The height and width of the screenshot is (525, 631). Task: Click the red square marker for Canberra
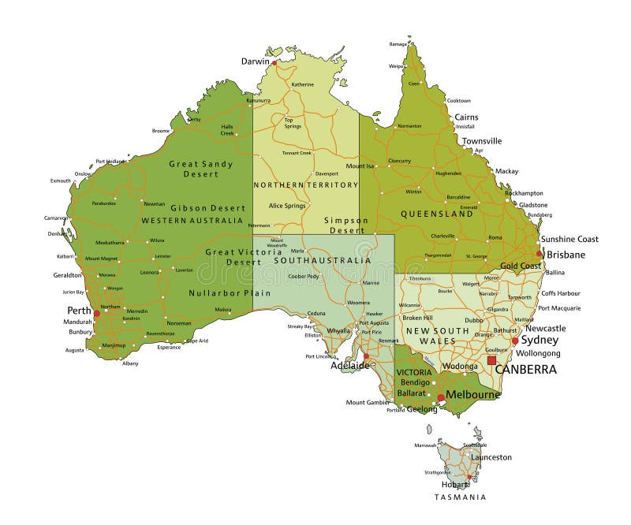(x=491, y=360)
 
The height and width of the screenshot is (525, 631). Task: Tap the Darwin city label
(x=255, y=61)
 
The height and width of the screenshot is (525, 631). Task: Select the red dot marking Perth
(x=97, y=313)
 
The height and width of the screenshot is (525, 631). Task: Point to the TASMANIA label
(x=460, y=497)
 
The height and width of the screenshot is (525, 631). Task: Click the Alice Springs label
(x=287, y=205)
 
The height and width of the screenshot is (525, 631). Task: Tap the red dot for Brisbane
(x=540, y=254)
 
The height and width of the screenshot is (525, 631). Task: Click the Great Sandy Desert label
(x=201, y=169)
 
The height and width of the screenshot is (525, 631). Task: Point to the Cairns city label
(x=465, y=117)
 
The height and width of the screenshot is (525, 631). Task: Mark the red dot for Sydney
(x=514, y=341)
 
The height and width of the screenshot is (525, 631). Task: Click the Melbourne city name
(x=473, y=394)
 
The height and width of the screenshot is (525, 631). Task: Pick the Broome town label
(x=161, y=131)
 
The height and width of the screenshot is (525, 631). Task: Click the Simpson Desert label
(x=345, y=225)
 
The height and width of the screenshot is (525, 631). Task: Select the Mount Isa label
(x=360, y=166)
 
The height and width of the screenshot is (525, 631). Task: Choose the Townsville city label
(x=482, y=141)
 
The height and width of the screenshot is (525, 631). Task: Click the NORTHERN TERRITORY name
(x=306, y=184)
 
